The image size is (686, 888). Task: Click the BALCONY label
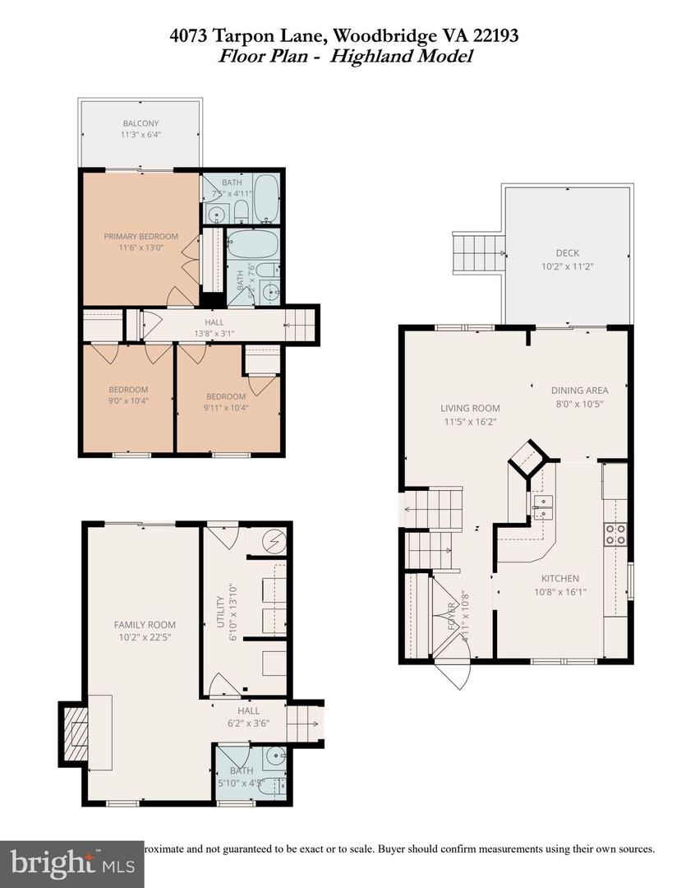pyautogui.click(x=140, y=123)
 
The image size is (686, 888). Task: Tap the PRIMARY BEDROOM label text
pyautogui.click(x=140, y=236)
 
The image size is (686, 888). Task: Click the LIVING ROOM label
pyautogui.click(x=470, y=408)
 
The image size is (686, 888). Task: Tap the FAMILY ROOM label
pyautogui.click(x=145, y=625)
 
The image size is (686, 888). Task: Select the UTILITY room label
pyautogui.click(x=220, y=613)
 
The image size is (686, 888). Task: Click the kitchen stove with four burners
pyautogui.click(x=615, y=534)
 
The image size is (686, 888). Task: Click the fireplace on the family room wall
pyautogui.click(x=72, y=732)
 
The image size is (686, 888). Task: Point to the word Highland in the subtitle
pyautogui.click(x=391, y=56)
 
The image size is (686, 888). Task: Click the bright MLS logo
pyautogui.click(x=71, y=863)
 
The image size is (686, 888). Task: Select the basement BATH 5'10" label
pyautogui.click(x=242, y=771)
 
